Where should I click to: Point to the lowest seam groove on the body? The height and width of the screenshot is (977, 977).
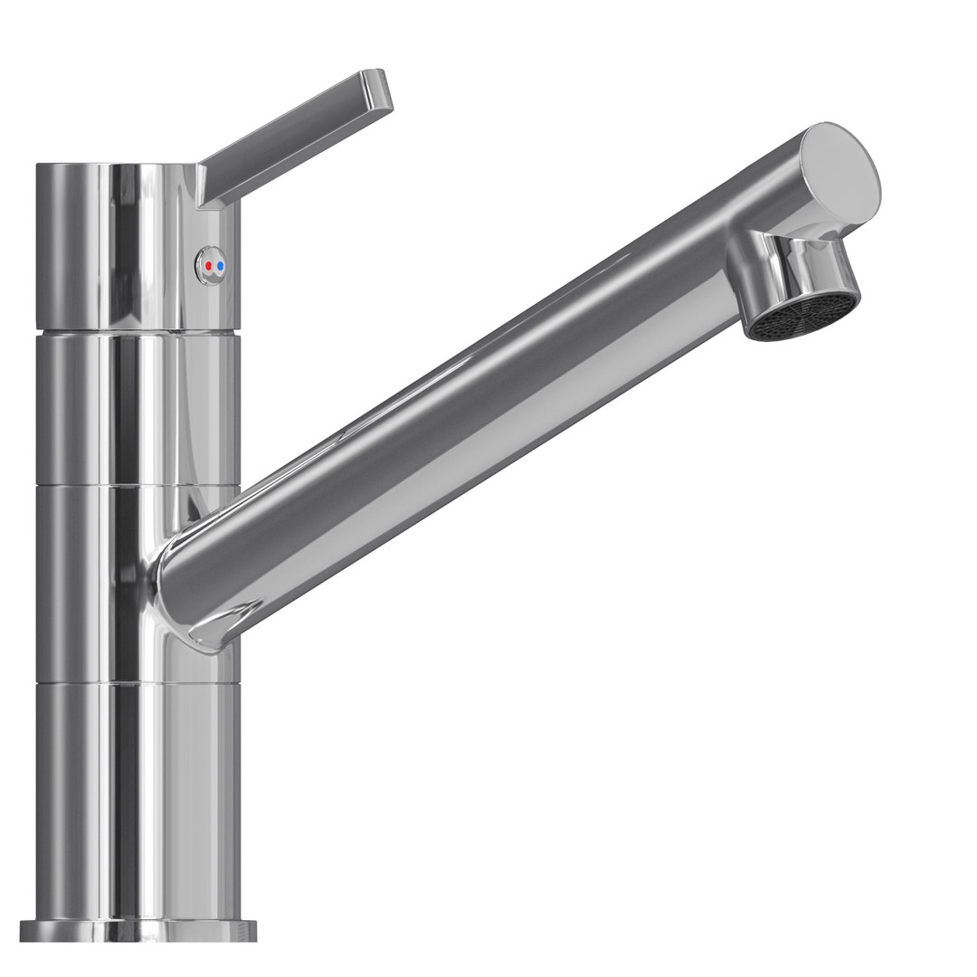click(136, 681)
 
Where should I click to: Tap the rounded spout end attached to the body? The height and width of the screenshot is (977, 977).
click(185, 588)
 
